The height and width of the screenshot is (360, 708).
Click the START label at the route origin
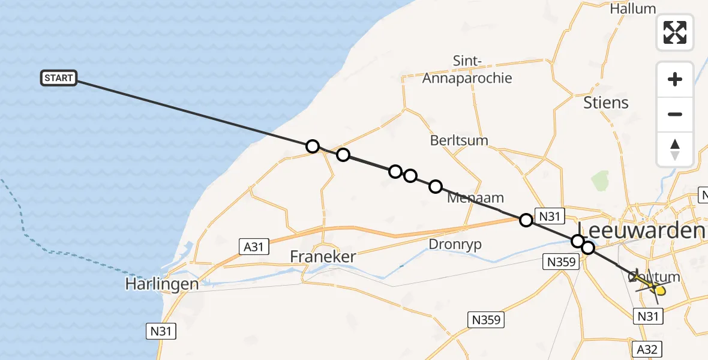click(x=59, y=78)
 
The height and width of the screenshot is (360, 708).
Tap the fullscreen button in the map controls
click(x=675, y=32)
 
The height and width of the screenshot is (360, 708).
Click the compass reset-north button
click(x=675, y=149)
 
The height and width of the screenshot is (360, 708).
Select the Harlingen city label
click(x=161, y=284)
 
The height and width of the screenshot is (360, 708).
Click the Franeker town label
click(x=323, y=257)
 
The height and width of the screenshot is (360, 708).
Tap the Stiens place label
click(x=606, y=103)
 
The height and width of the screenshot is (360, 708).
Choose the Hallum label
click(x=632, y=9)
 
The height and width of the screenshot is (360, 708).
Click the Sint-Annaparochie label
click(x=467, y=69)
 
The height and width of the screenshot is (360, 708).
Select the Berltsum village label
click(x=459, y=140)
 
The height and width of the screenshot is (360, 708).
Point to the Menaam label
click(x=476, y=197)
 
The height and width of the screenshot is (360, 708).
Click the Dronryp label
click(x=455, y=244)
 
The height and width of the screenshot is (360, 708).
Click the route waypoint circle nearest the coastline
click(x=312, y=146)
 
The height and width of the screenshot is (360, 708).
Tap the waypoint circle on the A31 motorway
click(x=526, y=220)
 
